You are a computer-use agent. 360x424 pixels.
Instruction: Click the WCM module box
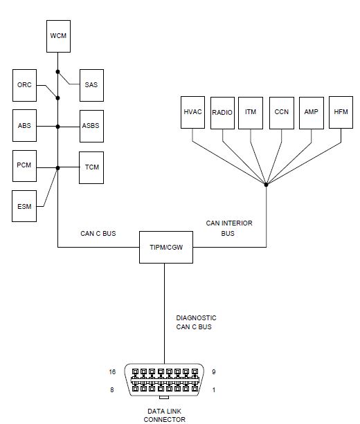[x=57, y=36]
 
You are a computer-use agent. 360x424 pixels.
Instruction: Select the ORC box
[x=24, y=85]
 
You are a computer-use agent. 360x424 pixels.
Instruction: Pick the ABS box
[x=24, y=127]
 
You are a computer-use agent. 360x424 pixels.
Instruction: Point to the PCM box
[x=24, y=167]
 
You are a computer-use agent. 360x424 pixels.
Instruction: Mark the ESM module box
[x=24, y=205]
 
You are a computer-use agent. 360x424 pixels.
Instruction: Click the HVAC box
[x=193, y=112]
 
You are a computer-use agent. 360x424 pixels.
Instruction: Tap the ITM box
[x=251, y=112]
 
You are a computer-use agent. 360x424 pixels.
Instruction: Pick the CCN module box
[x=281, y=112]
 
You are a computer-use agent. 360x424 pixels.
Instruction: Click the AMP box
[x=311, y=112]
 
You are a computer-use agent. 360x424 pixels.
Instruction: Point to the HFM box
[x=341, y=112]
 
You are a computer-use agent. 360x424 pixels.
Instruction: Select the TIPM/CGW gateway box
[x=165, y=247]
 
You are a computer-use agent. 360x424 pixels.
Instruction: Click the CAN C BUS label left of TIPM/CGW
[x=98, y=234]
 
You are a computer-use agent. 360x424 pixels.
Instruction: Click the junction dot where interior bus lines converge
[x=266, y=183]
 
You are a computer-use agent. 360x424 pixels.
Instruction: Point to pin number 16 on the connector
[x=111, y=372]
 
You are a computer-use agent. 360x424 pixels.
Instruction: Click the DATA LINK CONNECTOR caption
[x=164, y=415]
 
